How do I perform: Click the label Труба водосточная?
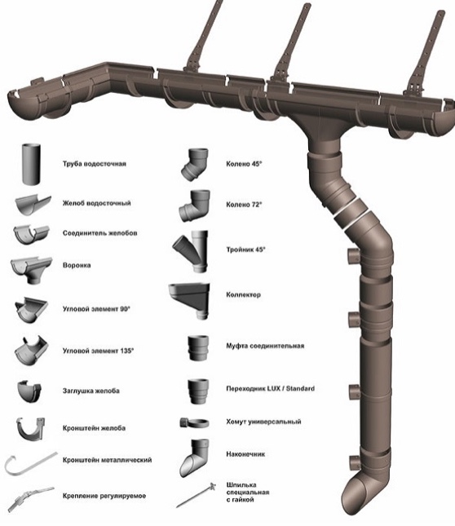coord(95,164)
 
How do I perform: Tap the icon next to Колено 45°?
coord(195,165)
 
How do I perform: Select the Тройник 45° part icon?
coord(191,251)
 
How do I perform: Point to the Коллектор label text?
coord(243,295)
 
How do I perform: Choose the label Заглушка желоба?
coord(91,391)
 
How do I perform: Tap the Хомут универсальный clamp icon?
coord(194,422)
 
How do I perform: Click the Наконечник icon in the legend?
coord(194,457)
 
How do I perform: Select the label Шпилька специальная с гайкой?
coord(248,492)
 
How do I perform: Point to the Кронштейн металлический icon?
coord(30,465)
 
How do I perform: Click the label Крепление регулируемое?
coord(104,496)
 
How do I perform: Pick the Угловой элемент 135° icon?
coord(31,351)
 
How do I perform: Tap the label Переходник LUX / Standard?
coord(270,388)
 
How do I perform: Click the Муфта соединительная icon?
coord(198,348)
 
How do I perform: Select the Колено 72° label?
coord(244,205)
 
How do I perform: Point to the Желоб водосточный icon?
coord(33,205)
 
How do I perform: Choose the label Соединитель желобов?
coord(100,233)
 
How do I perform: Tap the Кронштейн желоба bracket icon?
coord(31,430)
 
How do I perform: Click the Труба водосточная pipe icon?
coord(31,165)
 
